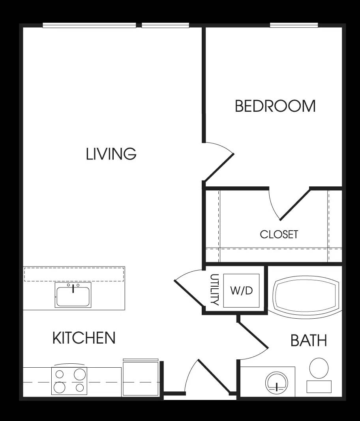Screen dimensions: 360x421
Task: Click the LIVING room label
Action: [x=111, y=154]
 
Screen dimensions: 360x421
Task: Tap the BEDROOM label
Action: [x=275, y=106]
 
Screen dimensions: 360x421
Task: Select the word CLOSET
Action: [x=279, y=235]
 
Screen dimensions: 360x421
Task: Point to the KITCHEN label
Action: [x=84, y=338]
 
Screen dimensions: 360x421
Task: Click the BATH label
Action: [x=309, y=340]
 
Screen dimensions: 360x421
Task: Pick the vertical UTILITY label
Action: [x=215, y=290]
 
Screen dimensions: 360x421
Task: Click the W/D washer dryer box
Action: [x=241, y=291]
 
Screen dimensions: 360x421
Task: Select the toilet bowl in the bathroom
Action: [x=319, y=368]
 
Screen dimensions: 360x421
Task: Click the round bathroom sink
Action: [x=276, y=382]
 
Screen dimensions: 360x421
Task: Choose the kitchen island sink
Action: [x=73, y=295]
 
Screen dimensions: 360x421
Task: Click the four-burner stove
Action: [x=69, y=381]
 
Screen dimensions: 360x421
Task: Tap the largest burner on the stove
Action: [x=80, y=374]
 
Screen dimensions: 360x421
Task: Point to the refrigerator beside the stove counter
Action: [x=141, y=378]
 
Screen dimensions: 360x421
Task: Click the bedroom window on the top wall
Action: [x=294, y=25]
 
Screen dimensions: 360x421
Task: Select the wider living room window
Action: [x=89, y=26]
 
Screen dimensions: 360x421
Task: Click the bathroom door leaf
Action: [x=253, y=335]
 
